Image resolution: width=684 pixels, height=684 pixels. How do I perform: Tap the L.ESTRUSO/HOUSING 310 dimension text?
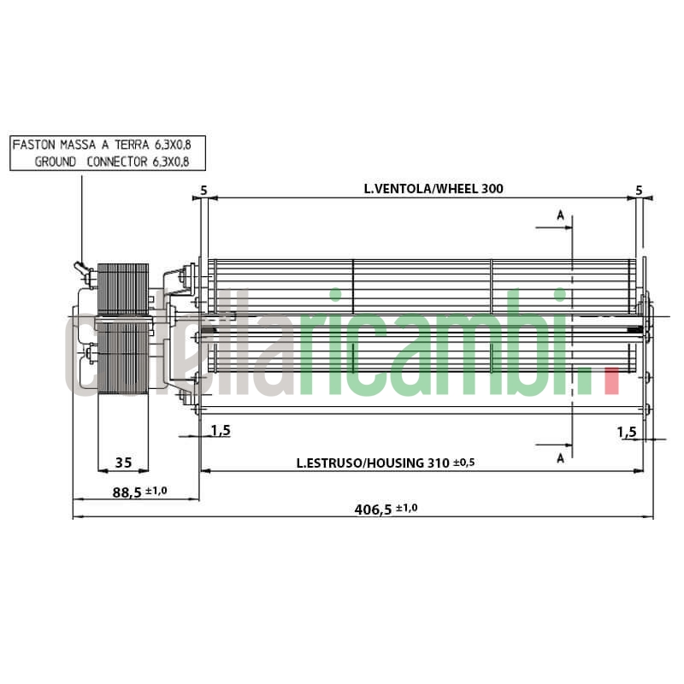[x=374, y=463]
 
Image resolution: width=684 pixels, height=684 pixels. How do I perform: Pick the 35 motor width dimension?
[x=123, y=463]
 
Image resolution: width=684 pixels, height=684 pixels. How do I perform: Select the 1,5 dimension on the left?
[x=221, y=430]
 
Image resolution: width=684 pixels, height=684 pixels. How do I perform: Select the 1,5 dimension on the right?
[x=627, y=433]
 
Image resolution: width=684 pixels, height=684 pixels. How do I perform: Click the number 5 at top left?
[x=203, y=189]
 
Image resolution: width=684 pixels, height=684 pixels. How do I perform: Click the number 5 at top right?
[x=639, y=189]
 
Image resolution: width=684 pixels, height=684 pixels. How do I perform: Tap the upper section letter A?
[x=561, y=215]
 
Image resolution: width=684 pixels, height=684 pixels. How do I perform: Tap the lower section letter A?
[x=561, y=458]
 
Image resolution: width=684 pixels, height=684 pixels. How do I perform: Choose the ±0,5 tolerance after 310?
[x=463, y=463]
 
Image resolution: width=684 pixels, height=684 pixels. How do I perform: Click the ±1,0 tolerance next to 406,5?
[x=407, y=508]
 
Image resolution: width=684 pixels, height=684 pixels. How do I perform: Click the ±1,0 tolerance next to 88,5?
[x=156, y=492]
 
